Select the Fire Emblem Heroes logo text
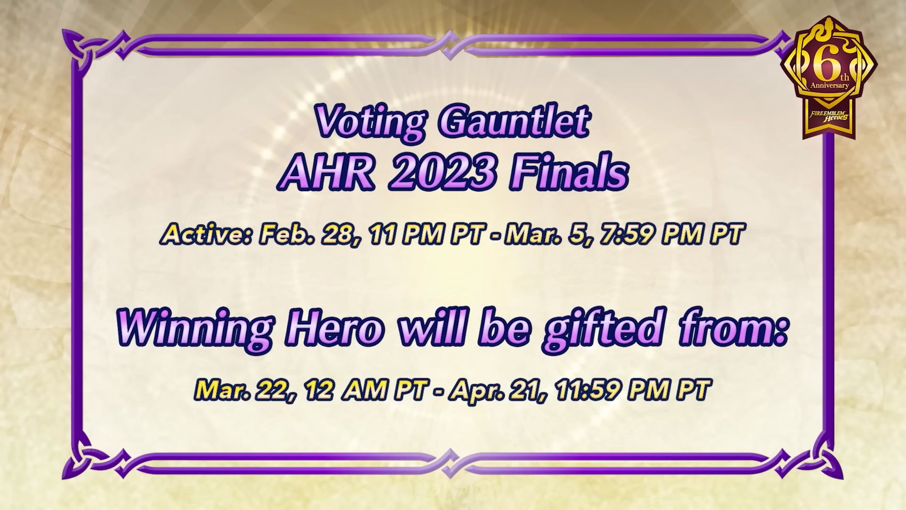pyautogui.click(x=830, y=115)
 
